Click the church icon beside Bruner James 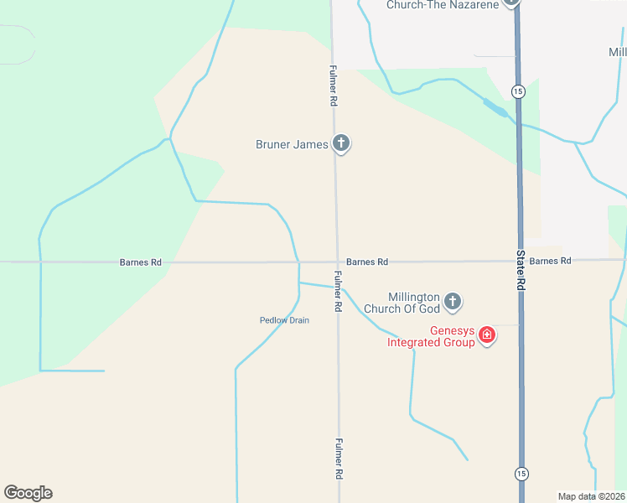[x=340, y=143]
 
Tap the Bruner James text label [x=292, y=144]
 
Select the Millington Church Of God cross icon [x=453, y=300]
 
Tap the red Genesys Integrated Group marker [x=486, y=336]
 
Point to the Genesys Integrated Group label [x=430, y=336]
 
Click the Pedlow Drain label [x=284, y=320]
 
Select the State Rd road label [x=520, y=269]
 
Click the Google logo [x=28, y=493]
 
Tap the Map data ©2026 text [x=592, y=496]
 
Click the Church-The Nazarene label [x=442, y=5]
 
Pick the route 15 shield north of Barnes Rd [x=520, y=91]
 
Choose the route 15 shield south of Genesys [x=521, y=473]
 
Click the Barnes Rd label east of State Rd [x=550, y=261]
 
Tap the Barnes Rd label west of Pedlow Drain [x=140, y=262]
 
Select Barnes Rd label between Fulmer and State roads [x=366, y=262]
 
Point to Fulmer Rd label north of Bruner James [x=333, y=86]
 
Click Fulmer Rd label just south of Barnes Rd [x=337, y=292]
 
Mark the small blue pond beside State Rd [x=495, y=107]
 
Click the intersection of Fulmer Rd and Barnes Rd [x=337, y=262]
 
